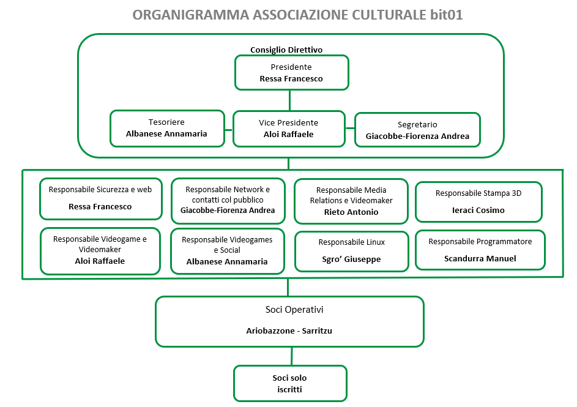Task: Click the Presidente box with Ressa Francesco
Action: pyautogui.click(x=292, y=72)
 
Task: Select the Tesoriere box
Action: pyautogui.click(x=168, y=129)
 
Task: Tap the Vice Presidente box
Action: pyautogui.click(x=289, y=129)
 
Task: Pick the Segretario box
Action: pyautogui.click(x=418, y=130)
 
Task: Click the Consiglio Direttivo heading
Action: pyautogui.click(x=286, y=50)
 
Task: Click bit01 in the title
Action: pyautogui.click(x=446, y=15)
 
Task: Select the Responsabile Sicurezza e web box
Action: pyautogui.click(x=101, y=199)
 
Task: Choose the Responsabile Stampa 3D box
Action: pyautogui.click(x=478, y=202)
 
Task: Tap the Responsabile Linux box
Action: pyautogui.click(x=352, y=252)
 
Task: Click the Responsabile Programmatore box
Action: pyautogui.click(x=480, y=250)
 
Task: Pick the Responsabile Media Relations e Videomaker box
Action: pyautogui.click(x=351, y=201)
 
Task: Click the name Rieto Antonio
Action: pyautogui.click(x=351, y=212)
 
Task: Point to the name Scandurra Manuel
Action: pyautogui.click(x=480, y=259)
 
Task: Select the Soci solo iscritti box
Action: pyautogui.click(x=291, y=384)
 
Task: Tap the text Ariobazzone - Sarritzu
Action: pyautogui.click(x=289, y=331)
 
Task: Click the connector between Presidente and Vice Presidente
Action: pyautogui.click(x=290, y=100)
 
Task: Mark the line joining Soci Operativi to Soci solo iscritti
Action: pyautogui.click(x=292, y=356)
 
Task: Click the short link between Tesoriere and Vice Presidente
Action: pyautogui.click(x=228, y=130)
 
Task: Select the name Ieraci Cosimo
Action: pyautogui.click(x=478, y=210)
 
